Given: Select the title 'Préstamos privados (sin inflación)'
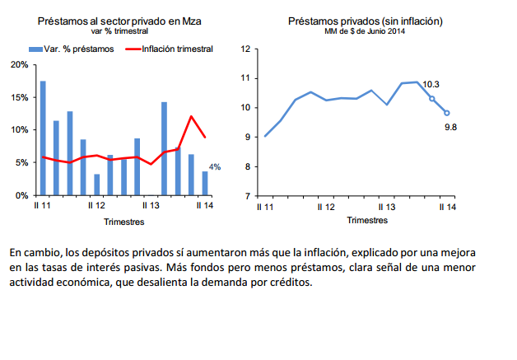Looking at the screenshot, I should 354,20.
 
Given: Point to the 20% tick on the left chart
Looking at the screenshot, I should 18,64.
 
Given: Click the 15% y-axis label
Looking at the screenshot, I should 18,97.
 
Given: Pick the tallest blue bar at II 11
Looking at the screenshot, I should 43,138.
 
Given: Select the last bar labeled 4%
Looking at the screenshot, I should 205,183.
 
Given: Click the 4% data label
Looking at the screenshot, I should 215,167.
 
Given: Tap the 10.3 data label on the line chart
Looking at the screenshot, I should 431,84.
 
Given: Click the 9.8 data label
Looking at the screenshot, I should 450,127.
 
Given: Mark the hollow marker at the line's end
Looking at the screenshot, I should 447,114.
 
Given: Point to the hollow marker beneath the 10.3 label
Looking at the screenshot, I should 432,99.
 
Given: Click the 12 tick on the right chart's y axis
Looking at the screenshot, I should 245,49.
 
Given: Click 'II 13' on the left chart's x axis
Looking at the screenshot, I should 150,207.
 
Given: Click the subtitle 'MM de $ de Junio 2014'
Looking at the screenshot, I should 354,30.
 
